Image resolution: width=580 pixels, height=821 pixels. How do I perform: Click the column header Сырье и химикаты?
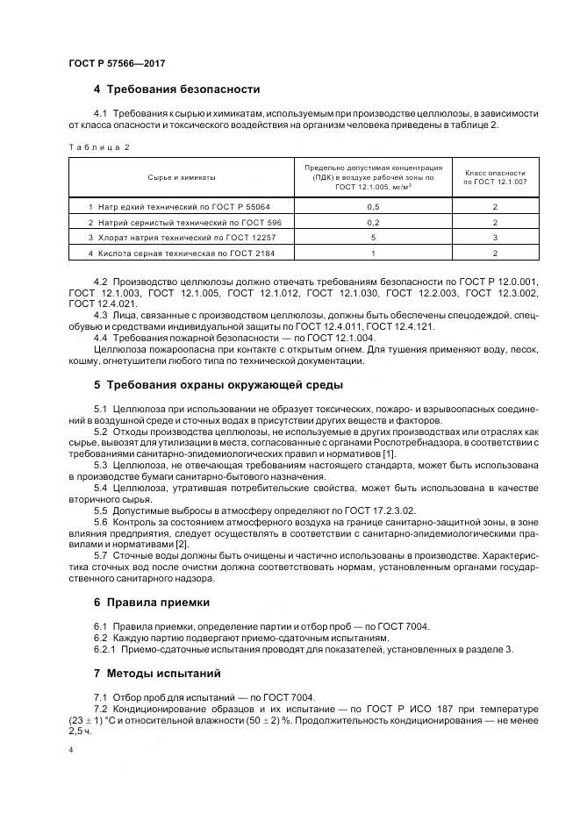point(182,176)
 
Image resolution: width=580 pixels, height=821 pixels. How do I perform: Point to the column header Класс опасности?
point(495,176)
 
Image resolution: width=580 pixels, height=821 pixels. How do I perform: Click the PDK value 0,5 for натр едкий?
point(373,206)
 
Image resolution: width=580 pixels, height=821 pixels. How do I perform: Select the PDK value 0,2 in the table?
point(373,222)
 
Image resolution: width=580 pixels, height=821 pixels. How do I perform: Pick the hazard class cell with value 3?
point(495,238)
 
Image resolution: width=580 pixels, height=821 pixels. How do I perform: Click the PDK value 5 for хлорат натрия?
point(373,238)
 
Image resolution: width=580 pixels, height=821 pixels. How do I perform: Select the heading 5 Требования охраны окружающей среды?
point(218,384)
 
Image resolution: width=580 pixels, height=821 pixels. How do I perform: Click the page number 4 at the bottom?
point(70,751)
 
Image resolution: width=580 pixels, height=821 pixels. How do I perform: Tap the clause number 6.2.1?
point(105,649)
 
